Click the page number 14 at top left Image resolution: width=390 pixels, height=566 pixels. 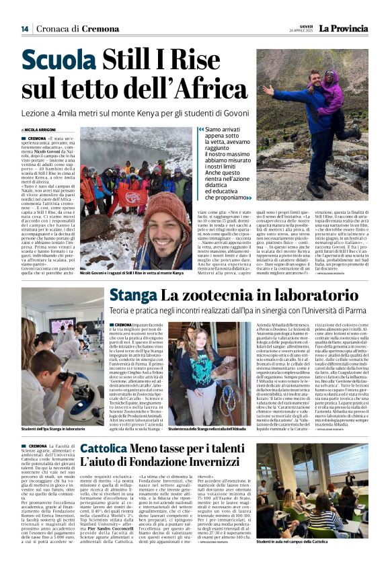[25, 29]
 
